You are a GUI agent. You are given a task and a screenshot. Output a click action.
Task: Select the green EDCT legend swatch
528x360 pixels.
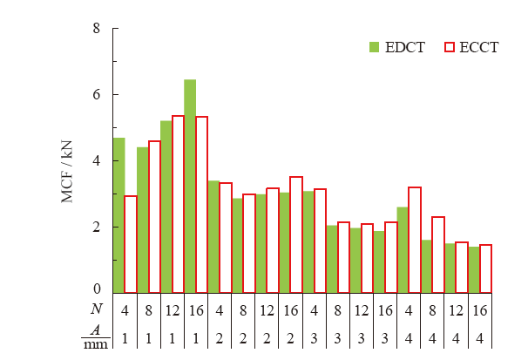coord(375,47)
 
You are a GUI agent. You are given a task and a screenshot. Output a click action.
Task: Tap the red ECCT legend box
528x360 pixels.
coord(450,47)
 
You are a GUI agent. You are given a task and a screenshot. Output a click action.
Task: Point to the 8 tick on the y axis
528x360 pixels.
coord(96,29)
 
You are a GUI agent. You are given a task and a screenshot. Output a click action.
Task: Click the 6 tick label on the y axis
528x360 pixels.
coord(96,95)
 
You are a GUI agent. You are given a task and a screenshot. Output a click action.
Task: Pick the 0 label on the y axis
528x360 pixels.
coord(96,289)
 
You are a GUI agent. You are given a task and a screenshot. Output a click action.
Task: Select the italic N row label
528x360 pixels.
coord(96,308)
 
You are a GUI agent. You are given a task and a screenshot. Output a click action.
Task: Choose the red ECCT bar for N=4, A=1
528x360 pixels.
coord(131,244)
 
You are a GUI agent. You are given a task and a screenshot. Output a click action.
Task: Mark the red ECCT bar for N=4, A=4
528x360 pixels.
coord(415,240)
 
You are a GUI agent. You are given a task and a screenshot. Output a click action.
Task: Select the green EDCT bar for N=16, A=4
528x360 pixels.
coord(474,269)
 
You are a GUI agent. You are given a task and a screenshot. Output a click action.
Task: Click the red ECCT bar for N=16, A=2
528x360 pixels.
coord(296,234)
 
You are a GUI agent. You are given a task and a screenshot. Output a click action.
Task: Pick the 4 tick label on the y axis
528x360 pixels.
coord(96,161)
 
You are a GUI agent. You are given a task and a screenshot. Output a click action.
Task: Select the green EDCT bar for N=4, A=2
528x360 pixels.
coord(213,236)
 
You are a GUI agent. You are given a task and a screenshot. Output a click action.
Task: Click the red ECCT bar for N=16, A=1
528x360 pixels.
coord(201,205)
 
